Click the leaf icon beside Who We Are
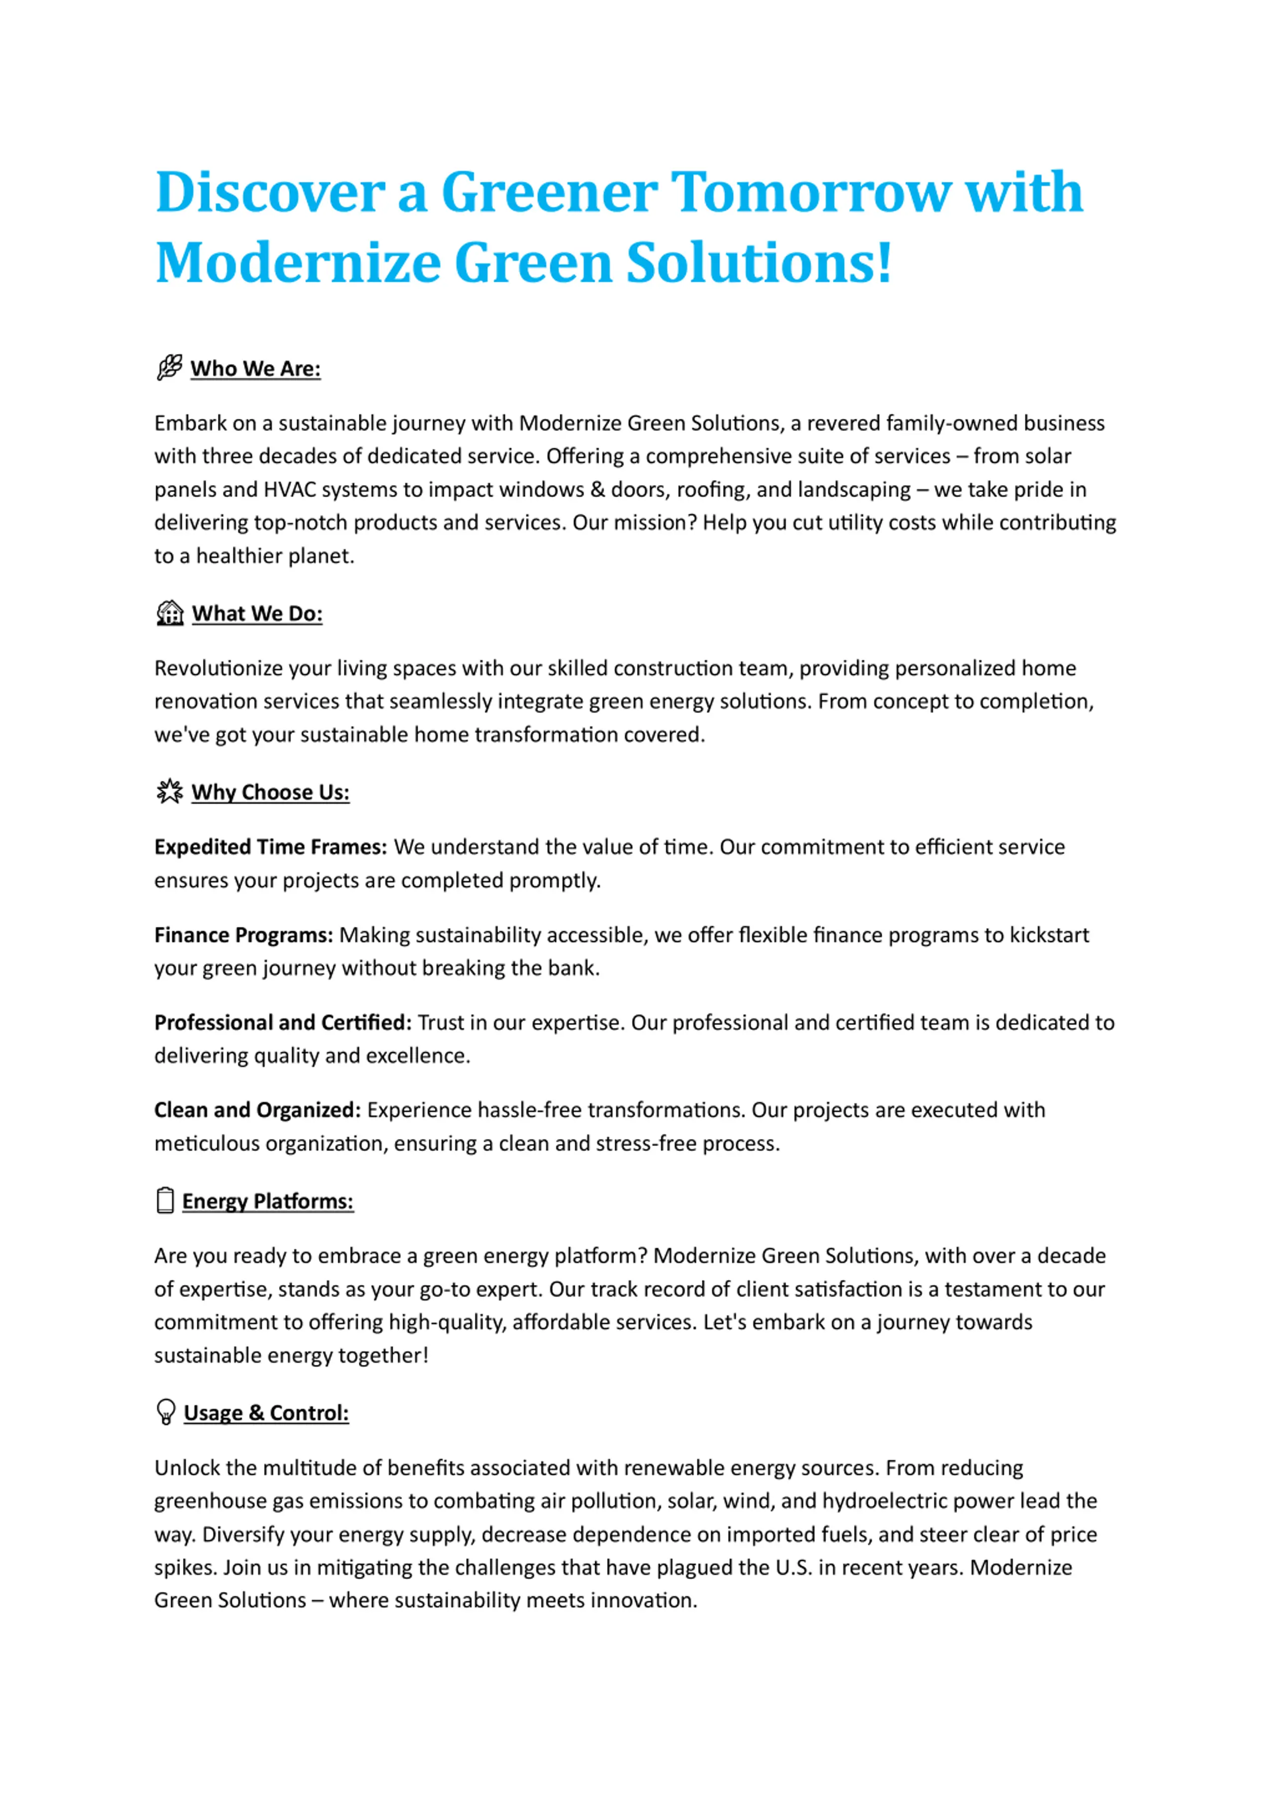[x=169, y=367]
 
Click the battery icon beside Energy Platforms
[x=165, y=1200]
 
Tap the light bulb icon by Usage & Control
[x=166, y=1412]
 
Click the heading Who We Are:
[x=256, y=368]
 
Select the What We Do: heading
[x=257, y=614]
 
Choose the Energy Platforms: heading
[x=268, y=1201]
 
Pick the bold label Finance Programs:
[x=244, y=935]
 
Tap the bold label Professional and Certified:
[x=283, y=1022]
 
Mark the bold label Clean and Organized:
[x=257, y=1110]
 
